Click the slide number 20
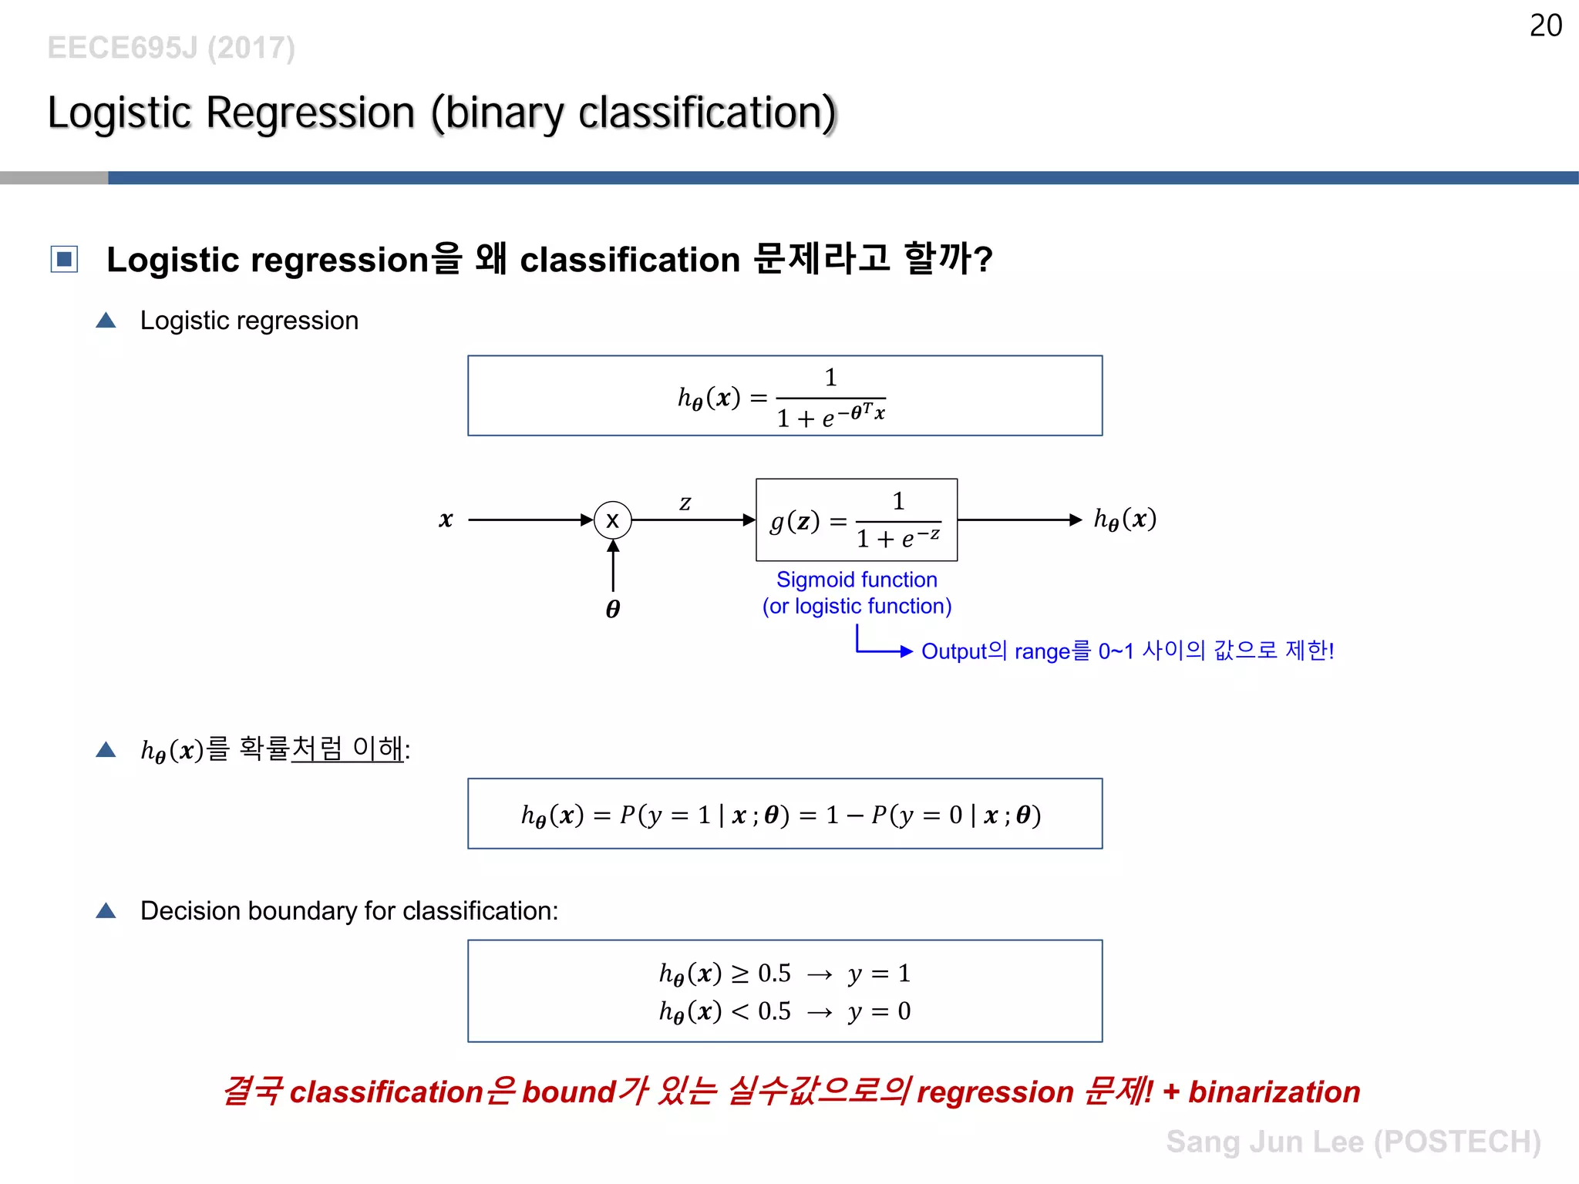click(x=1545, y=25)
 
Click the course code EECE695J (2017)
click(x=171, y=48)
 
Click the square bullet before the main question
click(x=64, y=259)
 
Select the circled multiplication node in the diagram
click(x=613, y=520)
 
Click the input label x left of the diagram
click(x=446, y=520)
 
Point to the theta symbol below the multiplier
click(x=613, y=609)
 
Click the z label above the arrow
click(x=685, y=503)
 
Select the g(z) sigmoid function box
click(x=856, y=520)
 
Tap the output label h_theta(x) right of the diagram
click(x=1125, y=519)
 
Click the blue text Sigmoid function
click(x=857, y=580)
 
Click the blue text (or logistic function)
click(x=857, y=607)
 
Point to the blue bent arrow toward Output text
click(x=879, y=646)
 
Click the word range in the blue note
click(x=1042, y=651)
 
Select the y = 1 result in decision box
click(x=879, y=974)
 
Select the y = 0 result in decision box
click(x=879, y=1011)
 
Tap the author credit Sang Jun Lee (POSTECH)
click(x=1353, y=1142)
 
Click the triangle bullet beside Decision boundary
click(x=106, y=911)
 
